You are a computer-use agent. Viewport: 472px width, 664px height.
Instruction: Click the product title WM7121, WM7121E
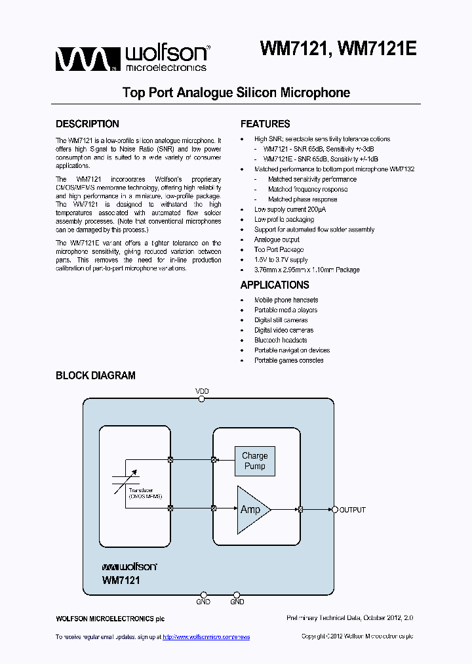click(338, 50)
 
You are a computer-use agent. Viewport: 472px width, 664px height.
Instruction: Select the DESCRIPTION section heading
click(87, 124)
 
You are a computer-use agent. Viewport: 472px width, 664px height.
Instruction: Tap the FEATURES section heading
click(265, 124)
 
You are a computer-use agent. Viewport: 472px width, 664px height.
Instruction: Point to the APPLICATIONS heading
click(275, 285)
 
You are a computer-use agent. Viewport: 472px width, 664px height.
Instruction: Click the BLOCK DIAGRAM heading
click(96, 376)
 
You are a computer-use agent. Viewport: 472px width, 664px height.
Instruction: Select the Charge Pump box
click(254, 461)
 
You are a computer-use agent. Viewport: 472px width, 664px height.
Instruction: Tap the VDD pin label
click(203, 392)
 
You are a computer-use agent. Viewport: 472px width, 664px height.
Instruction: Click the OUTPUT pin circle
click(334, 510)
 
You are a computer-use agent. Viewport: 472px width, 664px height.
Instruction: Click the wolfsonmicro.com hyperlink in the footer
click(206, 637)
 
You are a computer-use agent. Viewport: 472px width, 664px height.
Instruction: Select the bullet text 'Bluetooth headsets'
click(281, 341)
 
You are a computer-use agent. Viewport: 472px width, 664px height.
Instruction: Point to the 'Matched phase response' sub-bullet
click(302, 199)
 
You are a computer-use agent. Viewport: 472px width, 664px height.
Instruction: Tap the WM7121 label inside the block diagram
click(121, 581)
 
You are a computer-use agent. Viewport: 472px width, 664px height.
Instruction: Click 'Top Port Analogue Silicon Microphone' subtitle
click(236, 93)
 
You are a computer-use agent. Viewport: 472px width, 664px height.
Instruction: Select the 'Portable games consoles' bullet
click(288, 360)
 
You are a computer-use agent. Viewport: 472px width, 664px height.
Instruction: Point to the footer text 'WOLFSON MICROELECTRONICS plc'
click(110, 619)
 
